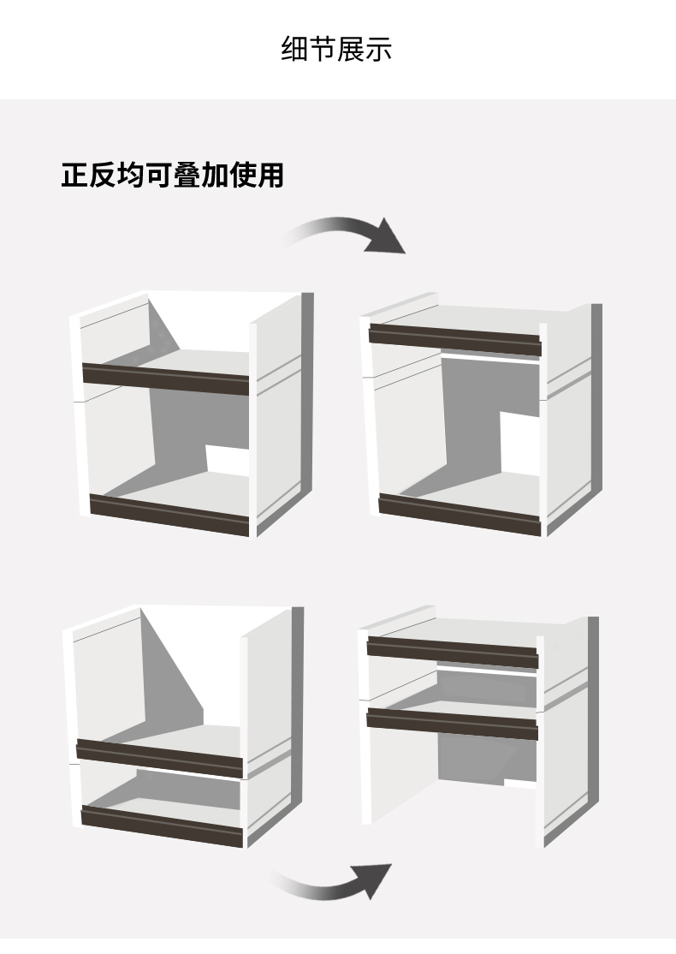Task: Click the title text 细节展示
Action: pyautogui.click(x=336, y=49)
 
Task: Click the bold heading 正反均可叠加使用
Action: pyautogui.click(x=172, y=176)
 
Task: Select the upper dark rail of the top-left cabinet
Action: pyautogui.click(x=165, y=379)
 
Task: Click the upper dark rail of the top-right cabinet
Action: pyautogui.click(x=456, y=340)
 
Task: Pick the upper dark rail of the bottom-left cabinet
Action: pyautogui.click(x=159, y=758)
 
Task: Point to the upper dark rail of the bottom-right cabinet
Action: pyautogui.click(x=452, y=653)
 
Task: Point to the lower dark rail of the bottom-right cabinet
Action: pyautogui.click(x=452, y=724)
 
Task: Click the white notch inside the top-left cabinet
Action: pyautogui.click(x=227, y=460)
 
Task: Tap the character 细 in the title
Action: pyautogui.click(x=294, y=49)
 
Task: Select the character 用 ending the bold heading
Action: pyautogui.click(x=270, y=176)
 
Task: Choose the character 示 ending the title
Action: pyautogui.click(x=378, y=49)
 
